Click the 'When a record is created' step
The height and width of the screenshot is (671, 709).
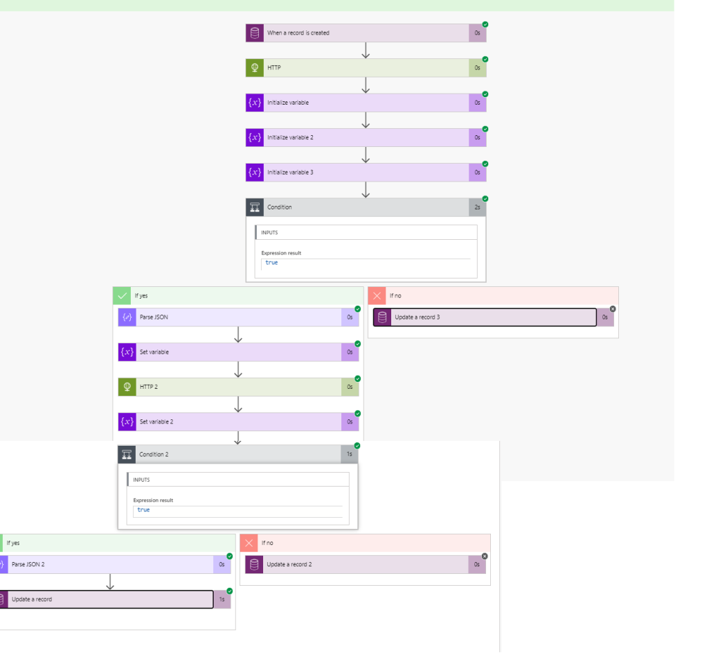click(x=298, y=33)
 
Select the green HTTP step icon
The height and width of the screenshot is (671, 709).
click(x=255, y=68)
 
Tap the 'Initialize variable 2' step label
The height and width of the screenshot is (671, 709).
click(x=290, y=137)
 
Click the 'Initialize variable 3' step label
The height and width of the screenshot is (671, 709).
click(x=290, y=172)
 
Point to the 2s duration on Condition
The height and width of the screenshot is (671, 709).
click(x=477, y=207)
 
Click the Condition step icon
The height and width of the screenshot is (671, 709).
click(x=255, y=207)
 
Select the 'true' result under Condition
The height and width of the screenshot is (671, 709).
click(x=271, y=263)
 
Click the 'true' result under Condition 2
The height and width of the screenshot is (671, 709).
click(x=143, y=509)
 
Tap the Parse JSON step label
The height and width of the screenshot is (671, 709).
click(x=154, y=317)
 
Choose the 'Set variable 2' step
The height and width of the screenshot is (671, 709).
click(x=156, y=421)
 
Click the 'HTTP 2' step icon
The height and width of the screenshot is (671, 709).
click(x=127, y=387)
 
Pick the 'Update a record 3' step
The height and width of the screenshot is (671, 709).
click(x=417, y=317)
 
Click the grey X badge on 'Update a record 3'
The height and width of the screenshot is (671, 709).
click(x=613, y=309)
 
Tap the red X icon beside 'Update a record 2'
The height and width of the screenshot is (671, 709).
click(x=249, y=543)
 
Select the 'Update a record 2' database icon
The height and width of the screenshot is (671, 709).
click(x=254, y=564)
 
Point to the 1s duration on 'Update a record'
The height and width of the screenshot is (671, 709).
click(x=222, y=600)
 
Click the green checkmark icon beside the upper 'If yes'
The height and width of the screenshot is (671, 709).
click(x=123, y=295)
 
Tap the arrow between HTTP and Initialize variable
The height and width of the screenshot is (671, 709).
click(x=366, y=85)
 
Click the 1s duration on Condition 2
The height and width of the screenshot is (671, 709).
click(x=350, y=454)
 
